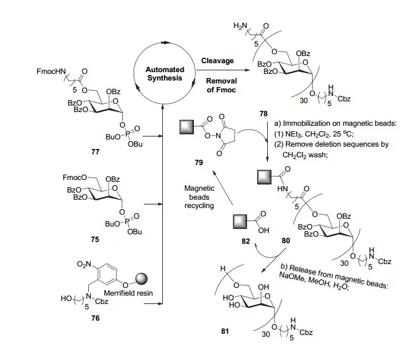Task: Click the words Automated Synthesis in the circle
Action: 165,74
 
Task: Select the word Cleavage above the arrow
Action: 218,61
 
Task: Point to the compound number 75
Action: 95,238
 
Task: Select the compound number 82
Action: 244,241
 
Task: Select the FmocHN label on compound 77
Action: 53,72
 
